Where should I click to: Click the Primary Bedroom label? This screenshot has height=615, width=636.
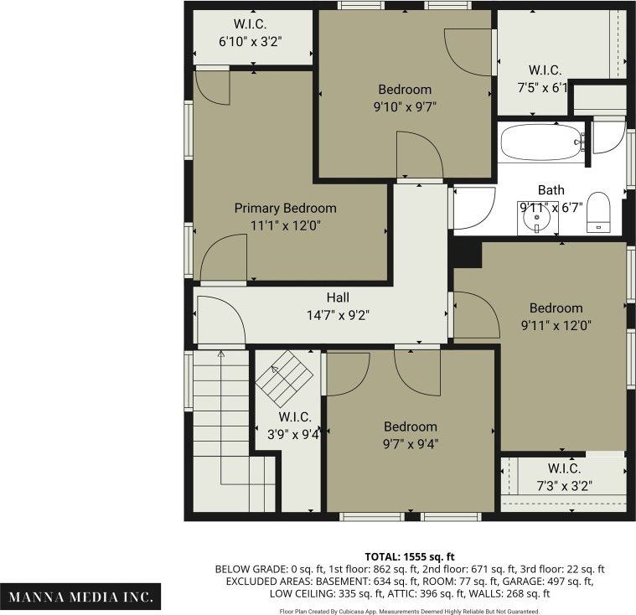tap(285, 208)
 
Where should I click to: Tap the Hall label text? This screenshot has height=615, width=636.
tap(338, 297)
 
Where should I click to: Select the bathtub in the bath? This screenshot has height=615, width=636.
tap(540, 143)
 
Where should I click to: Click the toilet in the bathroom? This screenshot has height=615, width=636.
tap(598, 212)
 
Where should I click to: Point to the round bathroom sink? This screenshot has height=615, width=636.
tap(536, 219)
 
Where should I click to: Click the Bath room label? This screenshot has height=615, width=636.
tap(551, 190)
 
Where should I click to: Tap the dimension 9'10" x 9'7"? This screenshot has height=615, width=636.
tap(405, 107)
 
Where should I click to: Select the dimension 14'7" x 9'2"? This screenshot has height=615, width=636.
tap(338, 315)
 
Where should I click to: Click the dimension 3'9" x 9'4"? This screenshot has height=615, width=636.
tap(293, 435)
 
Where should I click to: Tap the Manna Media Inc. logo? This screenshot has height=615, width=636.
tap(80, 597)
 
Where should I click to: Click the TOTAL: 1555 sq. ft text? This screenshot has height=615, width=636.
tap(410, 556)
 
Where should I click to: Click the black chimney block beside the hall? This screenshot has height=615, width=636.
tap(467, 254)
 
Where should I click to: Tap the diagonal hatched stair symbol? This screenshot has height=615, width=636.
tap(284, 379)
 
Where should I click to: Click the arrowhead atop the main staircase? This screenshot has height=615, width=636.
tap(221, 354)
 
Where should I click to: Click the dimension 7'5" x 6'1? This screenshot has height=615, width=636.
tap(543, 87)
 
